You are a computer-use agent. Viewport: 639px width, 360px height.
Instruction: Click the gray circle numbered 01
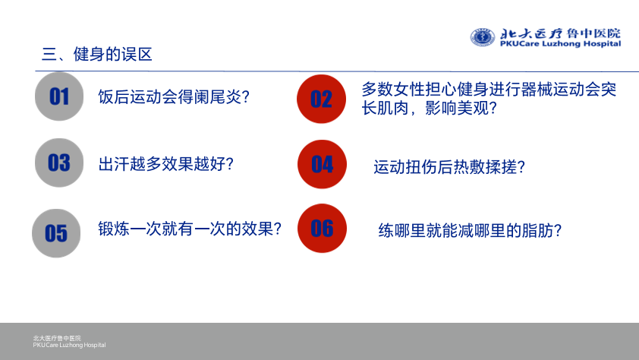(x=59, y=96)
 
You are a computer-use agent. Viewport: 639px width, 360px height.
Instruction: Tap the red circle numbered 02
(x=321, y=99)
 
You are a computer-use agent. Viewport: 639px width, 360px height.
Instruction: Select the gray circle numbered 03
(x=59, y=163)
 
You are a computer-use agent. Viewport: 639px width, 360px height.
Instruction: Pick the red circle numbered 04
(x=322, y=164)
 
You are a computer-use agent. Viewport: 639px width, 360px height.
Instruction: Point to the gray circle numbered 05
(x=56, y=233)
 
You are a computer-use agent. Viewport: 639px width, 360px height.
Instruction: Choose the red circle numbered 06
(x=322, y=229)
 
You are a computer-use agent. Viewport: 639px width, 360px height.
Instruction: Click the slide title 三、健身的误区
(x=97, y=54)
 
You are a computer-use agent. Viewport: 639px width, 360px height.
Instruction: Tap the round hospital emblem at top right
(x=483, y=37)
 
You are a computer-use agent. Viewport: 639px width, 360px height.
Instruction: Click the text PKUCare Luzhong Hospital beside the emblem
(x=560, y=43)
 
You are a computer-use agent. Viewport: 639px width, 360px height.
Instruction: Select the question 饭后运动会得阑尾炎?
(x=174, y=97)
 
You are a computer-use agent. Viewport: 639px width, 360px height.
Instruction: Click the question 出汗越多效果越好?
(x=166, y=164)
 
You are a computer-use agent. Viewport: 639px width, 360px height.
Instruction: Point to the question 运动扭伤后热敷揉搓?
(x=449, y=167)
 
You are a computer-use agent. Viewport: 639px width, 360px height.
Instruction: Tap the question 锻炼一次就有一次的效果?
(x=190, y=229)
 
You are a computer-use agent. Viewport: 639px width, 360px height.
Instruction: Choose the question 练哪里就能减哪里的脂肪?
(x=470, y=231)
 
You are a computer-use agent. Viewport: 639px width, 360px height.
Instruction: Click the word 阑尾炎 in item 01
(x=218, y=97)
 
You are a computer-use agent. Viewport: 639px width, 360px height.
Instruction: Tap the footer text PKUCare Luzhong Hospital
(x=69, y=345)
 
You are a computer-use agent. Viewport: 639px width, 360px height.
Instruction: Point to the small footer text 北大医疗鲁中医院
(x=57, y=338)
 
